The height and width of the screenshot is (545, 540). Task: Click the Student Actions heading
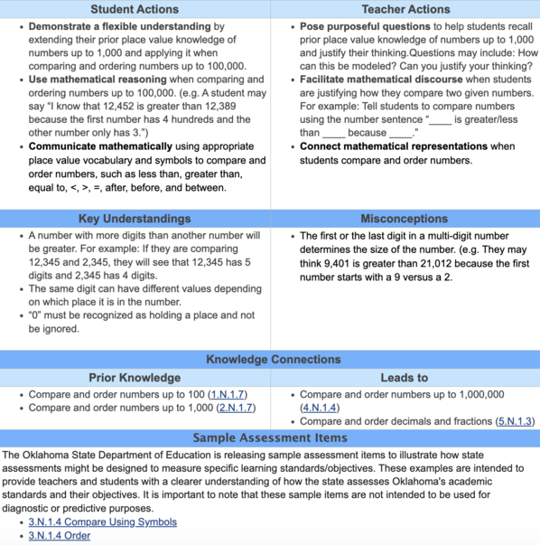click(x=135, y=9)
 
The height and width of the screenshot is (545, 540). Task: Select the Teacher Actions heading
click(x=405, y=9)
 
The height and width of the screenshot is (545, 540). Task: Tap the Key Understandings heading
click(x=135, y=219)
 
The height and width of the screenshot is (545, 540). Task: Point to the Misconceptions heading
click(x=405, y=219)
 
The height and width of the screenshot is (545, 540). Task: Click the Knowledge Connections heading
click(x=270, y=359)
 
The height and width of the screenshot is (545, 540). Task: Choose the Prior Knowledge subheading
click(x=135, y=377)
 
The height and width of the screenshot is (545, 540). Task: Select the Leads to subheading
click(x=405, y=377)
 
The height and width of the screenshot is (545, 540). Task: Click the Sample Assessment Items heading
click(x=270, y=438)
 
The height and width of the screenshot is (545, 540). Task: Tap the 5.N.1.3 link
click(x=515, y=421)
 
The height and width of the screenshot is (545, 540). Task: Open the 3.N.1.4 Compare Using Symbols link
click(x=102, y=522)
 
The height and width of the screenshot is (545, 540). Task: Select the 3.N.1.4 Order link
click(x=60, y=535)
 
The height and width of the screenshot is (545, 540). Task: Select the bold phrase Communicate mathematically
click(x=99, y=146)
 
